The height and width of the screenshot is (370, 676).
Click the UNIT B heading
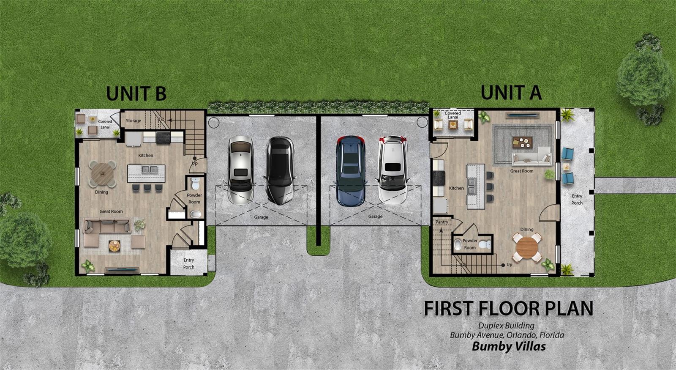[136, 93]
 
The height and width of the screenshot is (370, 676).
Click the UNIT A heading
[511, 93]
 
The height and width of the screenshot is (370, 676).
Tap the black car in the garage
[279, 171]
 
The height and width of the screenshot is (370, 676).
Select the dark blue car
[351, 171]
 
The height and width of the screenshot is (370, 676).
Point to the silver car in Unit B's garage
[240, 170]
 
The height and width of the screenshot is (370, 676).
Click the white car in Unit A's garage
[393, 170]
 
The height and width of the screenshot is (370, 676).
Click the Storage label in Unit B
[134, 121]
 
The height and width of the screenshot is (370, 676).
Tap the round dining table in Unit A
[527, 247]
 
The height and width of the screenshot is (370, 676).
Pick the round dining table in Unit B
[103, 174]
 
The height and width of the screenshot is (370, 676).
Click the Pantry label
[442, 222]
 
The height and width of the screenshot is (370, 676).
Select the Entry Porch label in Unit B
[188, 263]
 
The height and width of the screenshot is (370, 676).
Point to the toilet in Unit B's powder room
[195, 184]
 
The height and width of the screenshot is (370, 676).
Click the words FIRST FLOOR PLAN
[509, 308]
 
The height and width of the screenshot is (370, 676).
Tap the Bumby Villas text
[509, 346]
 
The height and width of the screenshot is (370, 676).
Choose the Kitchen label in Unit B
[145, 155]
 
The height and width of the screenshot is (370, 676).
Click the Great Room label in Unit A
[521, 171]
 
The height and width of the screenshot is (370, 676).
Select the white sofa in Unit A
[532, 156]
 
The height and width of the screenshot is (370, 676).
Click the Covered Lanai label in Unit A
[452, 115]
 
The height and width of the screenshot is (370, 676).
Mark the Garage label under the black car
[261, 217]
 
